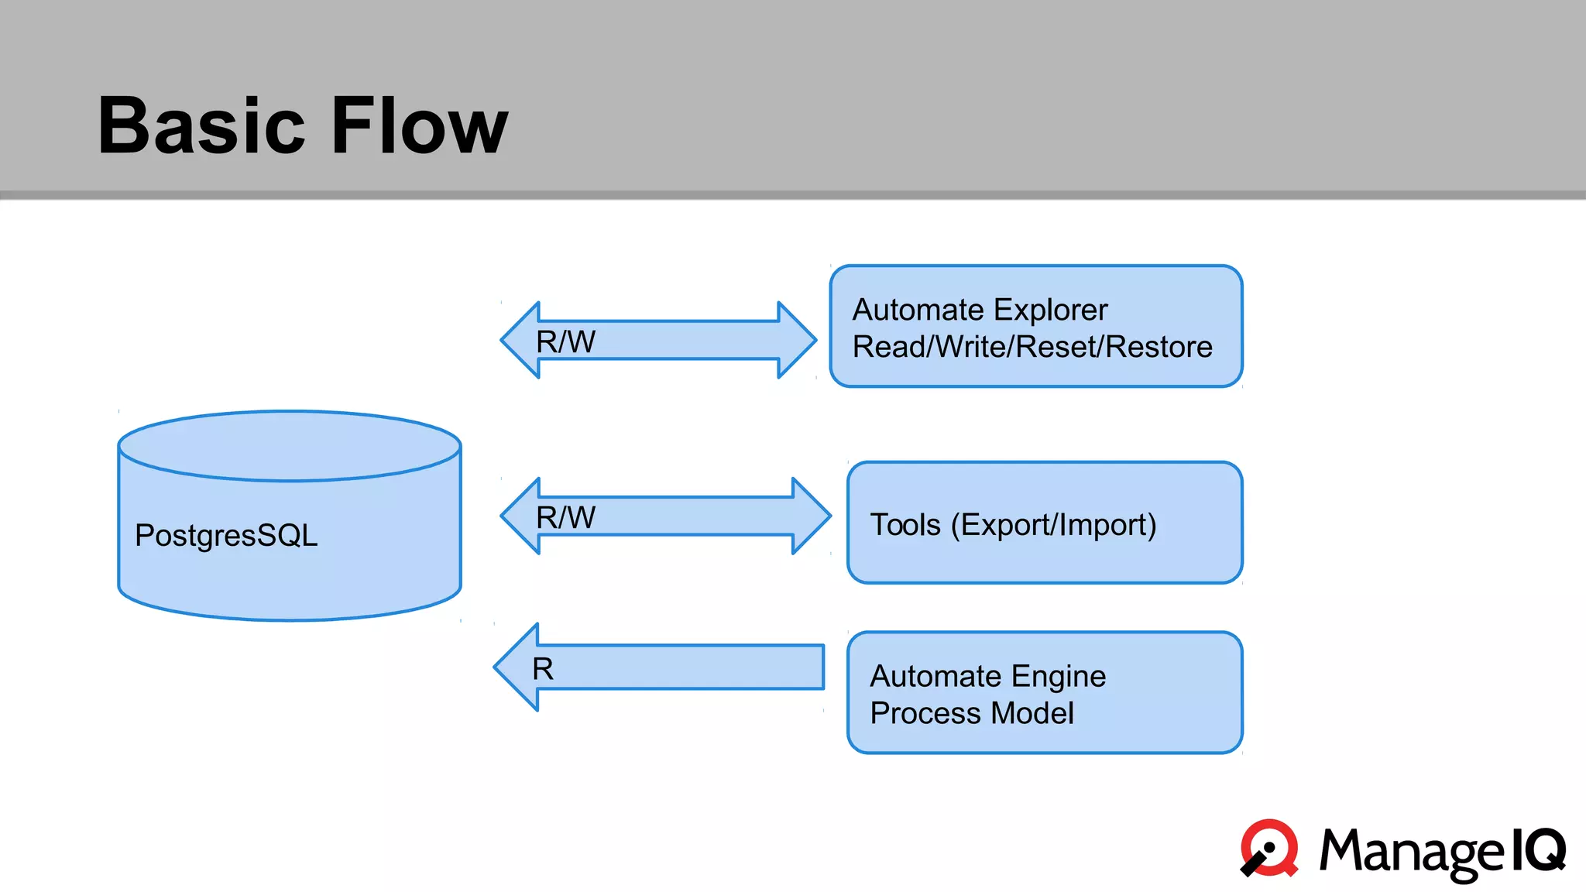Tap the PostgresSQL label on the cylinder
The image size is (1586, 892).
click(x=226, y=535)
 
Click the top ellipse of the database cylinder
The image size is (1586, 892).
click(x=290, y=446)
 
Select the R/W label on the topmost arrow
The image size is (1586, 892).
click(x=566, y=341)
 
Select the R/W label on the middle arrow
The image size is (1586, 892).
click(x=566, y=517)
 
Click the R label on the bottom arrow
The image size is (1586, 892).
click(x=543, y=669)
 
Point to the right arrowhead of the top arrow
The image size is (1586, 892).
click(x=796, y=340)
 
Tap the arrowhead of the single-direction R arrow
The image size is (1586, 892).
click(x=518, y=667)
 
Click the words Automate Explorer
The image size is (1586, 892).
click(x=980, y=310)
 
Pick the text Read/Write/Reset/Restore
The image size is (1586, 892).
click(x=1032, y=347)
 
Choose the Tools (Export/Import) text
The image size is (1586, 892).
click(x=1013, y=525)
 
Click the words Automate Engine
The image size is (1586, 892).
click(x=987, y=676)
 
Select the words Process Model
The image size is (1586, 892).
click(x=972, y=713)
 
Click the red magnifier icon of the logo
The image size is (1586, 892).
click(x=1270, y=848)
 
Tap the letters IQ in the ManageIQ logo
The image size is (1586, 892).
click(x=1538, y=849)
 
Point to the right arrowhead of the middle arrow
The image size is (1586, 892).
click(x=811, y=516)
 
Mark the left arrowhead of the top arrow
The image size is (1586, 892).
click(x=521, y=340)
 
